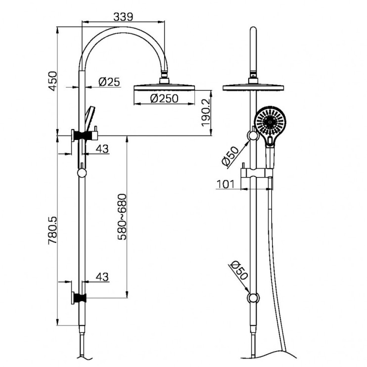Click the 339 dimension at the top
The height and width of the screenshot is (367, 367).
coord(123,16)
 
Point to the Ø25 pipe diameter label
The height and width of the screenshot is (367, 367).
coord(109,82)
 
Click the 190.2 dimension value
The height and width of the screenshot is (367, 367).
coord(206,113)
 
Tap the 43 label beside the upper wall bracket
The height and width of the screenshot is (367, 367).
coord(102,148)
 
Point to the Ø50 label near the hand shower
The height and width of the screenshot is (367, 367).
coord(231,155)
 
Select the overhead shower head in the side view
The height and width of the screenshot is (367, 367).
coord(165,87)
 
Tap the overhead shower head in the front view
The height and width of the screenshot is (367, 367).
coord(254,88)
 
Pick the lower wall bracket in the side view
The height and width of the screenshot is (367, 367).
coord(80,297)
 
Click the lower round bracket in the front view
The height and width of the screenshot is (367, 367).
coord(254,298)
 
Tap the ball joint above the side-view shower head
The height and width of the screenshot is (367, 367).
coord(164,78)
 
